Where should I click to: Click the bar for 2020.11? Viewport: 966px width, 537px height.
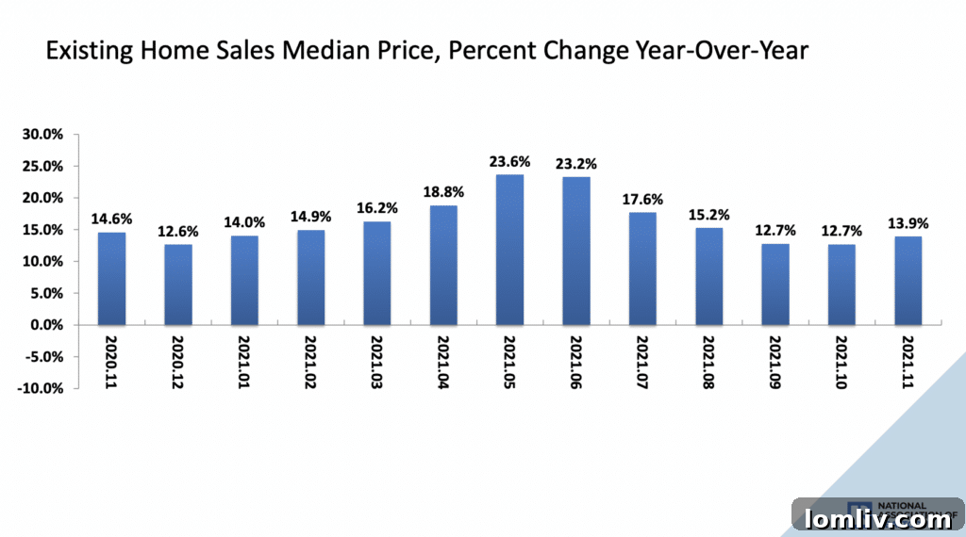point(111,278)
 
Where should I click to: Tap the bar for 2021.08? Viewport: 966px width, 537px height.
point(708,276)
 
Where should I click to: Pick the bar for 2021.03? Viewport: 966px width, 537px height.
point(376,273)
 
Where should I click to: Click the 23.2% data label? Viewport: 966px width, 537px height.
point(575,162)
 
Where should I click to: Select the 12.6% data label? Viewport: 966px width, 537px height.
point(177,230)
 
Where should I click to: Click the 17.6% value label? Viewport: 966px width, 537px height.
point(642,199)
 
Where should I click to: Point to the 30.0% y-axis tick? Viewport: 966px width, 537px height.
point(42,135)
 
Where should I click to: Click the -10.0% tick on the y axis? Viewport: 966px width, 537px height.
point(39,388)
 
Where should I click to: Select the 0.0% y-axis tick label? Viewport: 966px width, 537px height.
point(45,325)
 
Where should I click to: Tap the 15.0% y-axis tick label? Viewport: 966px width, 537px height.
point(42,230)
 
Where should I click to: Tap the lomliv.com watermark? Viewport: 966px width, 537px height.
point(878,517)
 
